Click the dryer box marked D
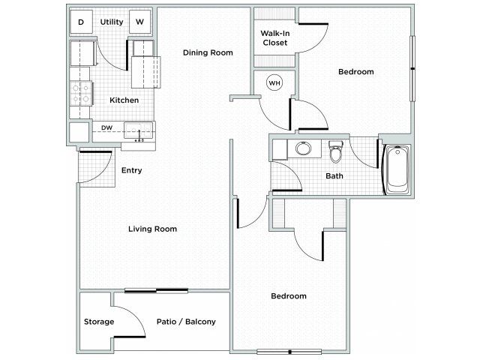tap(81, 22)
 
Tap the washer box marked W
tap(140, 22)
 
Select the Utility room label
tap(112, 22)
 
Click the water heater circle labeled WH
tap(274, 83)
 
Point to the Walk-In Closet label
tap(275, 38)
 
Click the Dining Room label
tap(208, 52)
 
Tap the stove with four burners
tap(81, 93)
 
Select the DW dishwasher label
tap(106, 127)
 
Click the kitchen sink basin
tap(138, 130)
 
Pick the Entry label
tap(132, 170)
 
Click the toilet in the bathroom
tap(336, 151)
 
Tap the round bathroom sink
tap(304, 148)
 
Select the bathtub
tap(397, 169)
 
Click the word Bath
tap(334, 176)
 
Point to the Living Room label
tap(152, 229)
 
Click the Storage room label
tap(99, 322)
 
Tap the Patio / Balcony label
tap(186, 322)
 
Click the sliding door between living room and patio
tap(157, 290)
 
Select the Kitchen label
tap(124, 100)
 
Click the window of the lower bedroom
tap(289, 352)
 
